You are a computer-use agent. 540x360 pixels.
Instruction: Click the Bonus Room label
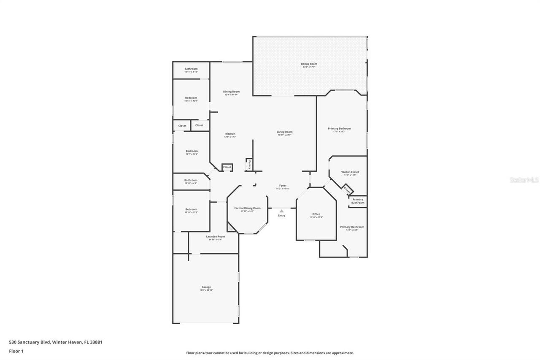click(309, 64)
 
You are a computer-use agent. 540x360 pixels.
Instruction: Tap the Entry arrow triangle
click(281, 211)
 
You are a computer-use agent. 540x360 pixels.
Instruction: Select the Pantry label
click(249, 164)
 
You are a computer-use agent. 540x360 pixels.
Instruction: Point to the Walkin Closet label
click(350, 172)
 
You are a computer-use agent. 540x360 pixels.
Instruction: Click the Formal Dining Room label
click(247, 208)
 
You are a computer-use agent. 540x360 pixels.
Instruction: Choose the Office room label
click(316, 214)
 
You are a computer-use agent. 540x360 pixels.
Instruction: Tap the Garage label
click(206, 287)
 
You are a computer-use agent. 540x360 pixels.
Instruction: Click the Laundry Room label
click(215, 237)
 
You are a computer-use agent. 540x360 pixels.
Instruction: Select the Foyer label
click(283, 186)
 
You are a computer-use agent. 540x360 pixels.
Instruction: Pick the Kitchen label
click(230, 134)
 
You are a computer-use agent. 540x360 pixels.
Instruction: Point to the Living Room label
click(285, 132)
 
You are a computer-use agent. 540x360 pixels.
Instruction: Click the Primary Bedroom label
click(339, 129)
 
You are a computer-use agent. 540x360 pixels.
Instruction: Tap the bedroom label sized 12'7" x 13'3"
click(192, 151)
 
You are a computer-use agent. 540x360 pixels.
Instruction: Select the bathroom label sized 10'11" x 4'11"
click(191, 69)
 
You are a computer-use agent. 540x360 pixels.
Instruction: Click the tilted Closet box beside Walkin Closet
click(347, 190)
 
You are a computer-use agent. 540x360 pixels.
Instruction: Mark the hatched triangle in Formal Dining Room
click(230, 227)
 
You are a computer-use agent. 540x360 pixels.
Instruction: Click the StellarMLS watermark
click(524, 180)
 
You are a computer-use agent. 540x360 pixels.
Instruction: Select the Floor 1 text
click(16, 351)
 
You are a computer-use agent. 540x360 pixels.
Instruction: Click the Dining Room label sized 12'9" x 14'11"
click(231, 92)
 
